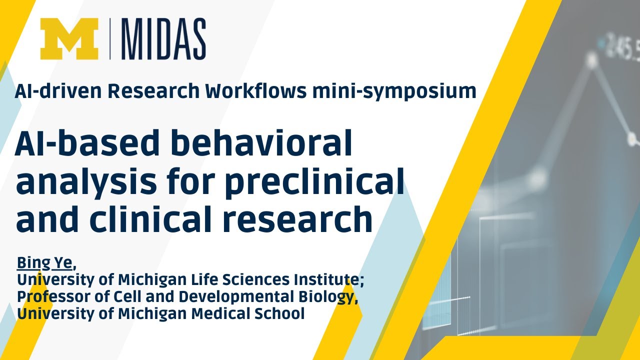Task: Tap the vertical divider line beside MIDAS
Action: pos(111,39)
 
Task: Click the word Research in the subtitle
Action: pos(150,91)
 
